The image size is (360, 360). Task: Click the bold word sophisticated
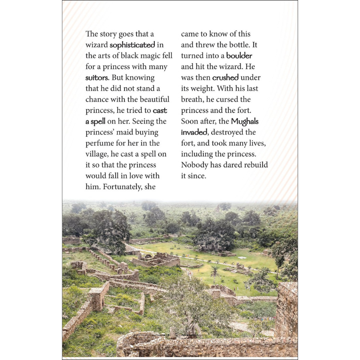point(132,45)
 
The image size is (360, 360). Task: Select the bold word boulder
point(239,56)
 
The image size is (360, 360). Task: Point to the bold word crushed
point(225,78)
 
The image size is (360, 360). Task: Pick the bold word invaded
point(194,132)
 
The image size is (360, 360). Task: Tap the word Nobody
point(195,165)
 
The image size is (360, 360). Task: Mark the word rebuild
point(255,165)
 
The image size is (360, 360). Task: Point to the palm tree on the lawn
point(215,272)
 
